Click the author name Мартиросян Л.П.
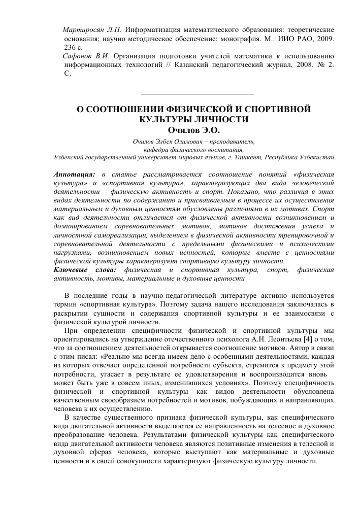[x=91, y=29]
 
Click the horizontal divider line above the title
[x=197, y=94]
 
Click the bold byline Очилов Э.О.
[x=196, y=130]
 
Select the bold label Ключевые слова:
[x=85, y=270]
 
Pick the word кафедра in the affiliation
[x=155, y=150]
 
